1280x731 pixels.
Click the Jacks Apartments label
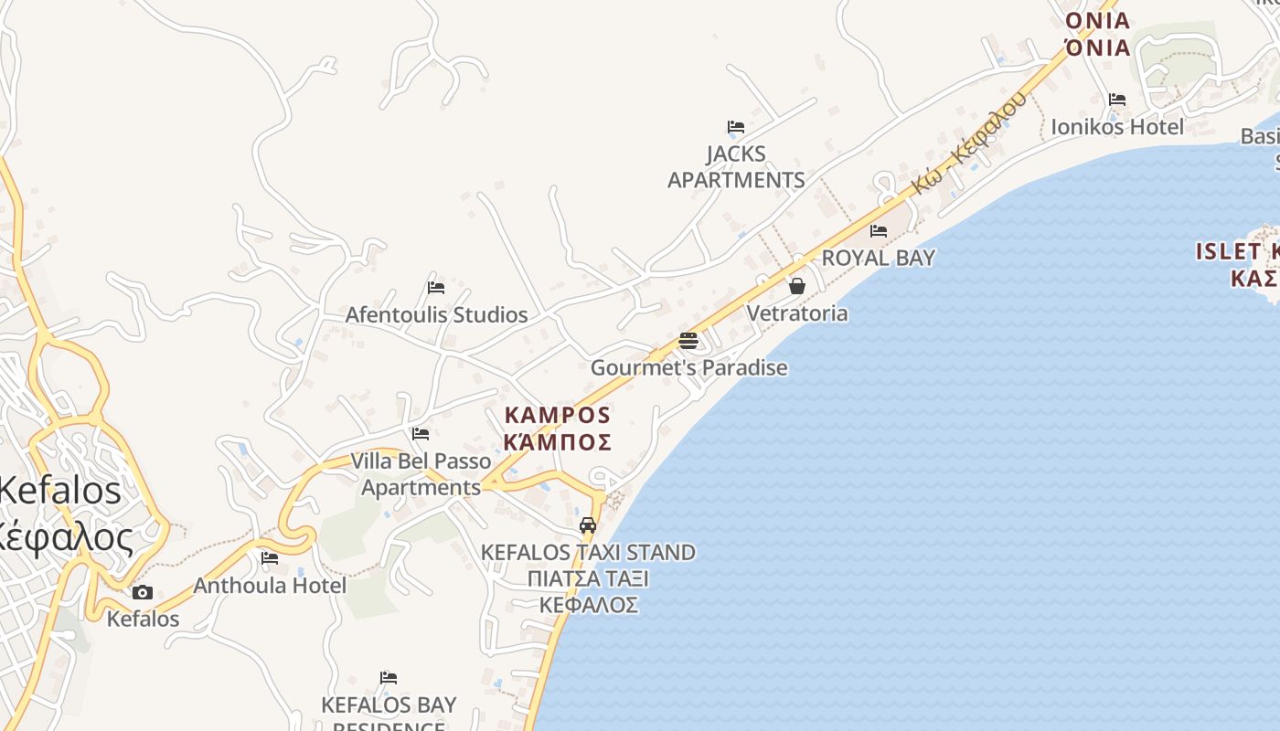(736, 166)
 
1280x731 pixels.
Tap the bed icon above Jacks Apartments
(736, 127)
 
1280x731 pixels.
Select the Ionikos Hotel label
(1117, 126)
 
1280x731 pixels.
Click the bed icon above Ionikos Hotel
(1116, 100)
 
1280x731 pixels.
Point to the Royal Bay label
(878, 258)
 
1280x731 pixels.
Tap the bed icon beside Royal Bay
(879, 231)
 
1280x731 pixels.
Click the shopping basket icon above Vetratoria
(797, 286)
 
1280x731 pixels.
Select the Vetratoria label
(797, 313)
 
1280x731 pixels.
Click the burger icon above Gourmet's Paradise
(688, 341)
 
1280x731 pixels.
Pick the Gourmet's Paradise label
(688, 368)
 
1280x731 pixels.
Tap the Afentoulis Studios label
(436, 314)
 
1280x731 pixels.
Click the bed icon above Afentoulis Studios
(436, 287)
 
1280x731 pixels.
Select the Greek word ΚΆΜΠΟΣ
(558, 442)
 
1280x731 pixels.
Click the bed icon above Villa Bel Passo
(421, 433)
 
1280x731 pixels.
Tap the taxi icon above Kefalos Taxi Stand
(588, 525)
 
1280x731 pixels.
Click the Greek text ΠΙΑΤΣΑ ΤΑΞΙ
(588, 578)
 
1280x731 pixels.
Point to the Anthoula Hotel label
(270, 585)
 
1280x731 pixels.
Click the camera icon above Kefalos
(143, 592)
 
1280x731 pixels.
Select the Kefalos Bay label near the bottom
(389, 705)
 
